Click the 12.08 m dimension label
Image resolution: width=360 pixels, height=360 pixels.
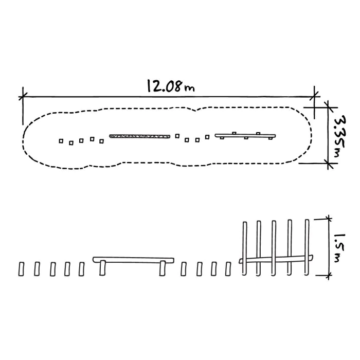pyautogui.click(x=171, y=86)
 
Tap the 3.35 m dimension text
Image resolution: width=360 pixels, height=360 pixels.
pyautogui.click(x=340, y=136)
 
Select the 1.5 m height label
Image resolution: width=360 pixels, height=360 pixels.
pyautogui.click(x=339, y=248)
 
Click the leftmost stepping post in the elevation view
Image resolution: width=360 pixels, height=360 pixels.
pyautogui.click(x=21, y=269)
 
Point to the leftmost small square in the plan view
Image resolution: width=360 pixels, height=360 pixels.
pyautogui.click(x=61, y=141)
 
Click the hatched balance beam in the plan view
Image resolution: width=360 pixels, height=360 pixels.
pyautogui.click(x=139, y=136)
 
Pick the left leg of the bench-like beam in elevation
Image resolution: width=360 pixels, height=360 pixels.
pyautogui.click(x=103, y=268)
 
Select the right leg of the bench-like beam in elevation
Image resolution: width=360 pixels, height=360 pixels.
pyautogui.click(x=163, y=268)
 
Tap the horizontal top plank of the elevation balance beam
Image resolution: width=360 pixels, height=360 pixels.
pyautogui.click(x=133, y=260)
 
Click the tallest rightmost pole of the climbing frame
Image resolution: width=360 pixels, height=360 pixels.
pyautogui.click(x=307, y=247)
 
